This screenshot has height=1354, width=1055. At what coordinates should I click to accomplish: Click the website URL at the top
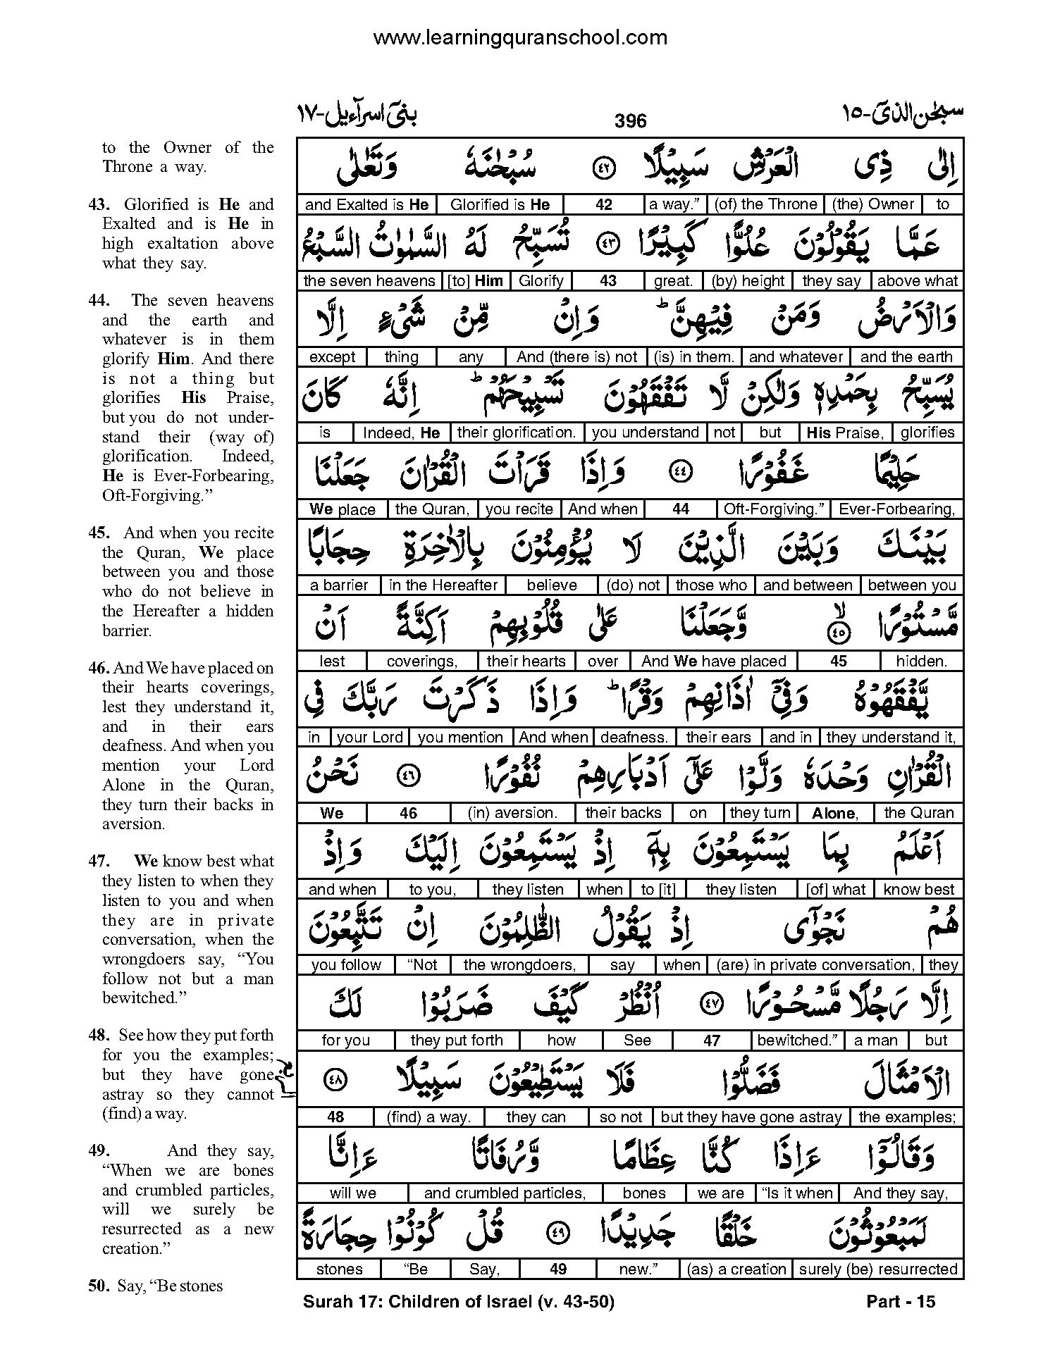pos(519,38)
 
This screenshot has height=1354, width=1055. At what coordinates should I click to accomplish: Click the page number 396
pos(630,121)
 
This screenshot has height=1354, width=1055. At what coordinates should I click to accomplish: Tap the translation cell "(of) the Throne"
pos(765,204)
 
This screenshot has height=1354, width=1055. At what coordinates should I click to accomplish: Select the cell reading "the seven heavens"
pos(369,281)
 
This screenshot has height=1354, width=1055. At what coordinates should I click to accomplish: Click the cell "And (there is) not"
pos(576,357)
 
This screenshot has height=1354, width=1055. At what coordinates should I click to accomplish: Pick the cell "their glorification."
pos(517,433)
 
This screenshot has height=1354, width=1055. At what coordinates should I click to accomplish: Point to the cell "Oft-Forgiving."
pos(774,509)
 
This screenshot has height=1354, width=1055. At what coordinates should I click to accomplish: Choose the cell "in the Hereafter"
pos(443,585)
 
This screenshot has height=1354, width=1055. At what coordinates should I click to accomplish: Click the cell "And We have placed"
pos(714,662)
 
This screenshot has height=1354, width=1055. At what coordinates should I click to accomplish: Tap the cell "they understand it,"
pos(891,738)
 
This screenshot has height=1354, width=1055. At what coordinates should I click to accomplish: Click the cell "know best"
pos(918,890)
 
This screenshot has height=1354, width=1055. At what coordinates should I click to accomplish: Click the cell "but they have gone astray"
pos(751,1117)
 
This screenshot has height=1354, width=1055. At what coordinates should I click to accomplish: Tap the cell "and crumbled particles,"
pos(505,1193)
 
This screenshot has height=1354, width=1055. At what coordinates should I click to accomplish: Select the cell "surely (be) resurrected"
pos(878,1269)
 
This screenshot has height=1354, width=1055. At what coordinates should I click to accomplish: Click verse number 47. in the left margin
pos(99,862)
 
